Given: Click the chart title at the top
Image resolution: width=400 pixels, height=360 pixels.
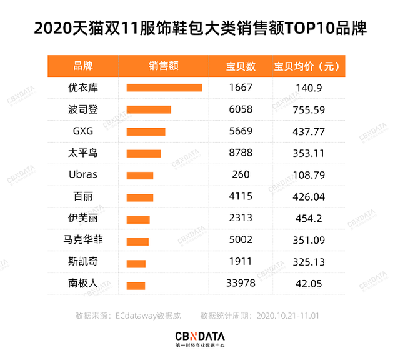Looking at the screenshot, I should coord(200,29).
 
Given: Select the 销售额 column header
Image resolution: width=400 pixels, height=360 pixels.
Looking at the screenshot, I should coord(164,66).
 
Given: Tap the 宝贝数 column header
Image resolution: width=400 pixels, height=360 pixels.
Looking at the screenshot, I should coord(241,66).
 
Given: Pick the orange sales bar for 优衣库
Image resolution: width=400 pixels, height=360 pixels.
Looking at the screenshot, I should coord(164,87).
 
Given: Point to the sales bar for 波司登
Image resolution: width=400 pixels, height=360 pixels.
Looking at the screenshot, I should coord(149,109).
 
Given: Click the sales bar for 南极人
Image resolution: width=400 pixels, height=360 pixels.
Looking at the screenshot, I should coord(136,286).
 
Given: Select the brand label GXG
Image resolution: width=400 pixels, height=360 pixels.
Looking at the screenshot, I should coord(82,131).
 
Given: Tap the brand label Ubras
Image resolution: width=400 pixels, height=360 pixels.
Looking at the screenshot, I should coord(82,175).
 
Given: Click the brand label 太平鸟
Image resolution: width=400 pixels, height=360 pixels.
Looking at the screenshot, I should coord(82,153).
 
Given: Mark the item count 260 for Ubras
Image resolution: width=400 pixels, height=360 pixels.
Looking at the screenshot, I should coord(241,175).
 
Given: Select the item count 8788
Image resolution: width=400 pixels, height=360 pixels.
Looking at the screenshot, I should coord(241,153).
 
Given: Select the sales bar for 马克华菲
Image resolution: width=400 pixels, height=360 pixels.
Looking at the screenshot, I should coord(137,241).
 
